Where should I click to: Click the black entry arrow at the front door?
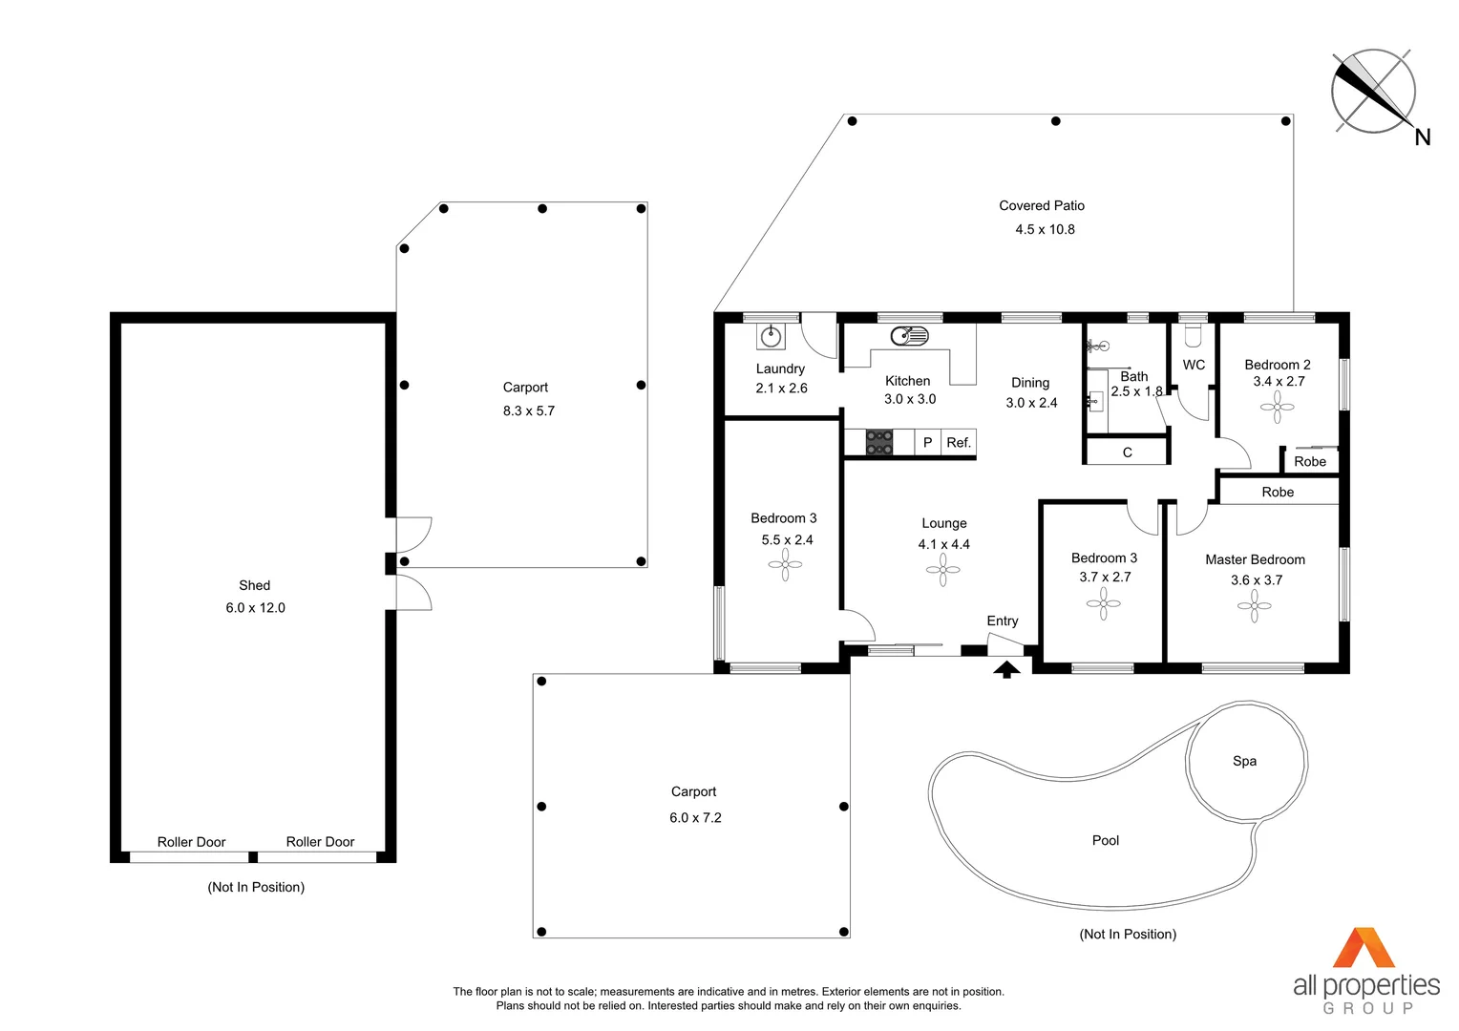1007,669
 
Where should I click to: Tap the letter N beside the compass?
1423,137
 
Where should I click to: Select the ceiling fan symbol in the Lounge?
943,571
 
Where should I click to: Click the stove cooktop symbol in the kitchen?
879,442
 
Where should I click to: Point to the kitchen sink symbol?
909,336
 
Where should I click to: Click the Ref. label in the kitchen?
959,443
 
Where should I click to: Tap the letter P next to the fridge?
927,443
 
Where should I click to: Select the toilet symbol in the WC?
1194,335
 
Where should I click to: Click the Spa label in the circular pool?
1245,761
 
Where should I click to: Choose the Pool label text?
1106,840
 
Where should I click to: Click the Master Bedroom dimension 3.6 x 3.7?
1257,580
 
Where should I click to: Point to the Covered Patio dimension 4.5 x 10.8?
1045,229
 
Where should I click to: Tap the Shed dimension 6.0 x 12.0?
255,608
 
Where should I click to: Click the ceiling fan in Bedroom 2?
1278,408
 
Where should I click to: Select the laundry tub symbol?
772,337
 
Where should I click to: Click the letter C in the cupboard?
1128,452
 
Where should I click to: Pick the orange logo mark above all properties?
1364,948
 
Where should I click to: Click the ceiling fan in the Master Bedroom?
1255,607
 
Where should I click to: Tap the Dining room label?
1030,383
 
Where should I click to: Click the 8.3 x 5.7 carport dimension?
529,410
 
